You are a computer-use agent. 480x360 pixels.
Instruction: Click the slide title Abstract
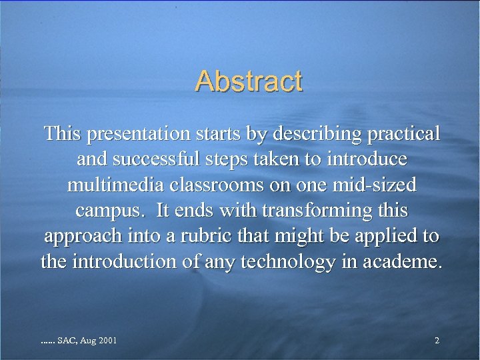249,81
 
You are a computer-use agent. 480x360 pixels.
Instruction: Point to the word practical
403,133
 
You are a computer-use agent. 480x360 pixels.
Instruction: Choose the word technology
286,261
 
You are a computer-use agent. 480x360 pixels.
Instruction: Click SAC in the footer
67,341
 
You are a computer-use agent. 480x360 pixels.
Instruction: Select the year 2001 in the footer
107,341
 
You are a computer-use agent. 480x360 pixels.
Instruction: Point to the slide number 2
437,341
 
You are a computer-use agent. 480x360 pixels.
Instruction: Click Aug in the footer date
88,341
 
